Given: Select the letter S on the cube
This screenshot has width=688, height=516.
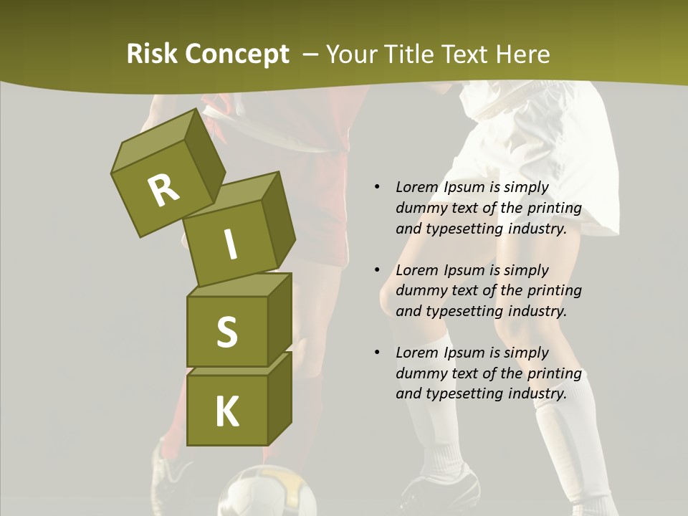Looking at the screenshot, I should coord(226,332).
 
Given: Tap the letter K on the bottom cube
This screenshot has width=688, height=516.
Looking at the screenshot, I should coord(226,412).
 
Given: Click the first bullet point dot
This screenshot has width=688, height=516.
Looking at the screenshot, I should coord(376,187).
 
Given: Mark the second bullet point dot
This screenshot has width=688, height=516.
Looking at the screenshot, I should coord(376,270).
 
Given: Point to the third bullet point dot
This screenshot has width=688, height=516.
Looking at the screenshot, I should coord(376,353).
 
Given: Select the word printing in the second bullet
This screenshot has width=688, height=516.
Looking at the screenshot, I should coord(554,291).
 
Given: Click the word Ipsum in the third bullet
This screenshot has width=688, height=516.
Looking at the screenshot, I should coord(465,353).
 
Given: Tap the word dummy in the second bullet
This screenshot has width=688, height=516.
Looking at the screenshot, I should coord(421,291).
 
